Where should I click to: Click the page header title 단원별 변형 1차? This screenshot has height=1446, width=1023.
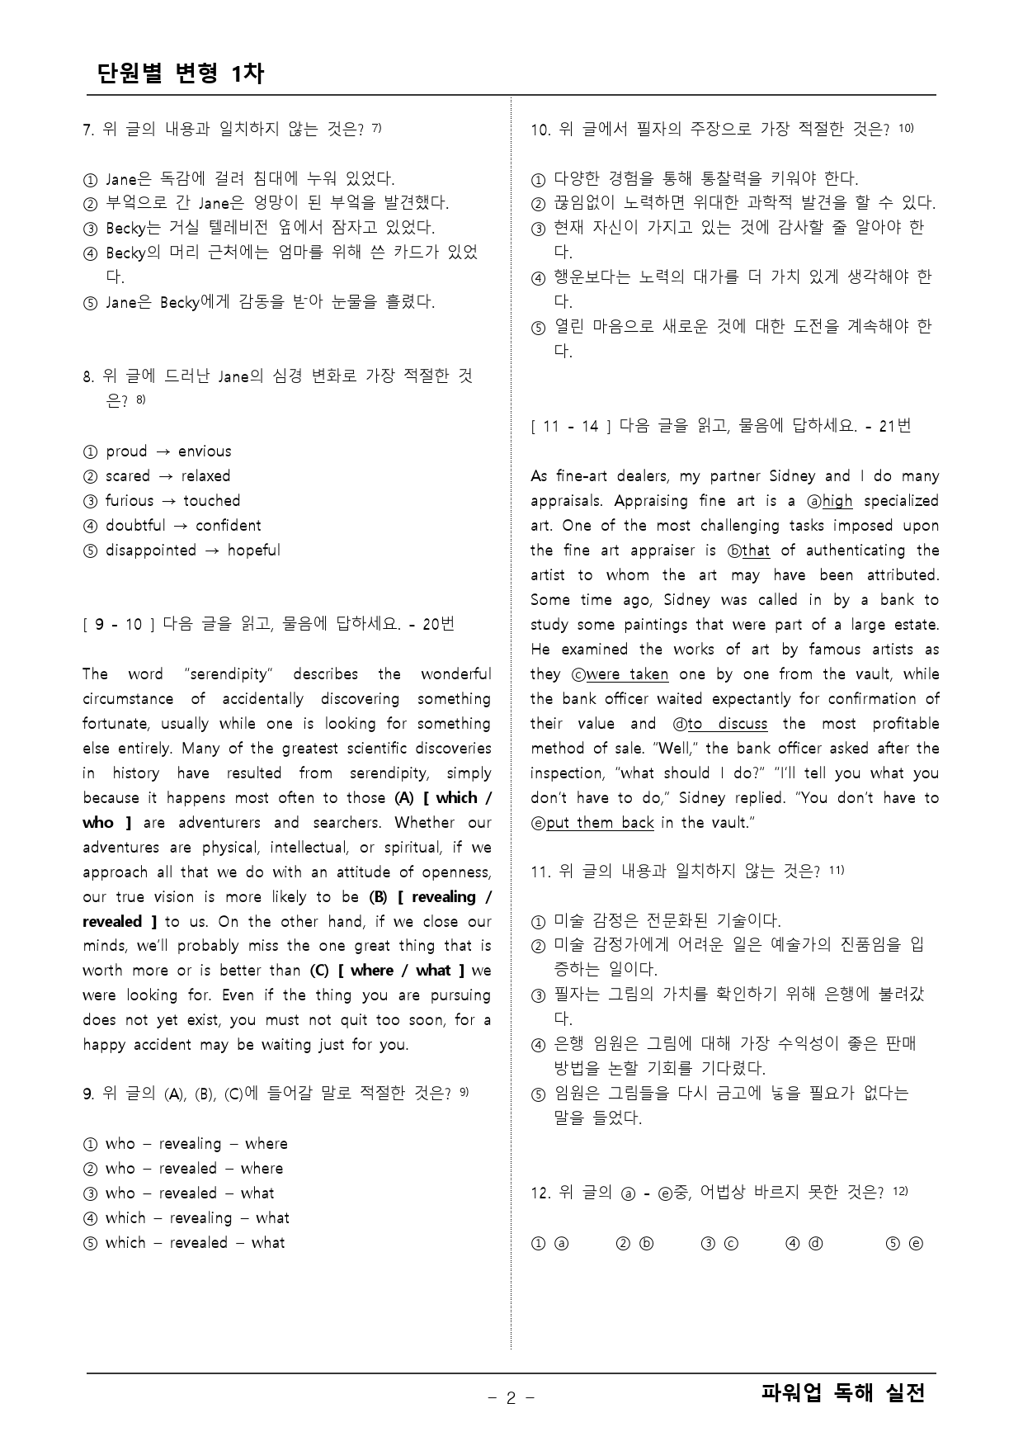[180, 73]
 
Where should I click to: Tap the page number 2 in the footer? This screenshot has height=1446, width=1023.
[511, 1397]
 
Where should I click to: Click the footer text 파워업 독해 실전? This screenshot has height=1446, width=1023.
[843, 1393]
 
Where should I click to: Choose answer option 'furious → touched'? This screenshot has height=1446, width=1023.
[172, 501]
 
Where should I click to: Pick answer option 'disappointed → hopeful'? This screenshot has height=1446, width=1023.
[192, 551]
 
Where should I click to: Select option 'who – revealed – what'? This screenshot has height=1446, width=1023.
[189, 1193]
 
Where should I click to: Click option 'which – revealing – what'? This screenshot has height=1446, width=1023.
[196, 1218]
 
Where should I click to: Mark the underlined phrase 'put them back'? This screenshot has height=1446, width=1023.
[600, 823]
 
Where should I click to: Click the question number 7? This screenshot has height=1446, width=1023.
[87, 130]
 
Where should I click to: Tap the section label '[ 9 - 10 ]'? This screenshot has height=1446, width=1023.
[120, 625]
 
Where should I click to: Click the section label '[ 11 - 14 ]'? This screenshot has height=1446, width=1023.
[571, 427]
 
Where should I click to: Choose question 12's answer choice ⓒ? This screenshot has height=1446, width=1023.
[730, 1243]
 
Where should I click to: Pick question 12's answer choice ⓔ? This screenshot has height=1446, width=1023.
[915, 1243]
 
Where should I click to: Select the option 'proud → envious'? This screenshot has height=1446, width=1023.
[167, 451]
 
